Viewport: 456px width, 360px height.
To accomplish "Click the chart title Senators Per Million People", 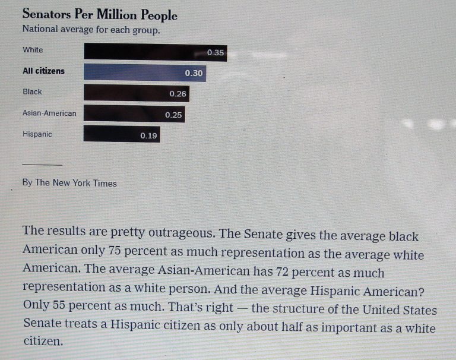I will [99, 15].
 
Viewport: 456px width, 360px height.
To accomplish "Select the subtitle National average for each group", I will [91, 30].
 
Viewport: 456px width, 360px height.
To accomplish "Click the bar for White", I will [154, 52].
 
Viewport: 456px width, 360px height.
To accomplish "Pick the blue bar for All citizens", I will [144, 72].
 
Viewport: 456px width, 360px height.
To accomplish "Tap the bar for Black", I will [136, 93].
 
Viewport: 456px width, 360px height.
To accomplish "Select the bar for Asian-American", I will [134, 114].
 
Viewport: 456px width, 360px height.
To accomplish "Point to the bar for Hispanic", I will [122, 134].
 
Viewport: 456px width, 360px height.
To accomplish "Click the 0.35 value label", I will [216, 53].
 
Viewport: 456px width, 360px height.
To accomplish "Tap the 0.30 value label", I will [194, 73].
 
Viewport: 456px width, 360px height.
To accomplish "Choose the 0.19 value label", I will [148, 136].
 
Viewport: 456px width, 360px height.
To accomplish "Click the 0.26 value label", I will [178, 94].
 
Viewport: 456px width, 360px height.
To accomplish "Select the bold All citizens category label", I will [43, 71].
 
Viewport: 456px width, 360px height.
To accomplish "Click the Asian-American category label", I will [49, 113].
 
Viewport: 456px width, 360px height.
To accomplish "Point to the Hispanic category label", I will [37, 134].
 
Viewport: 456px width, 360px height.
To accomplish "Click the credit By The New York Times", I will [69, 183].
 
